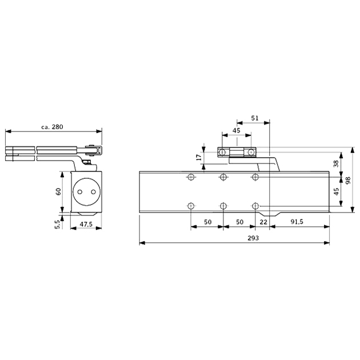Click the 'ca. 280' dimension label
53,127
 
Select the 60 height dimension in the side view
58,191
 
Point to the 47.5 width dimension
86,225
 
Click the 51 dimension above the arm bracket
255,118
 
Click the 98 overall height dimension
347,180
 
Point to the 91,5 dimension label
297,221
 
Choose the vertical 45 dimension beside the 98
337,191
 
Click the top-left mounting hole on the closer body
190,177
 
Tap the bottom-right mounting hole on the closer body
255,206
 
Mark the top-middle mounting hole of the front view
223,177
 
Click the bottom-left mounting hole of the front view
190,206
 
